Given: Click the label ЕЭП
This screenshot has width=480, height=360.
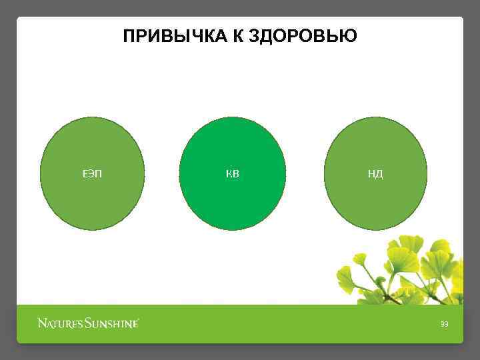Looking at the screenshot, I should [92, 175].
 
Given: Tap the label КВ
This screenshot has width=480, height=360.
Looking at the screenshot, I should [233, 175].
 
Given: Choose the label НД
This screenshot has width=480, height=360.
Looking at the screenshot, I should [375, 175].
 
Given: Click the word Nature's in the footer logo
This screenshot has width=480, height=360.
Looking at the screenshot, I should [60, 325].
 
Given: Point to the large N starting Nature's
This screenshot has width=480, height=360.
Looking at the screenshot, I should [42, 325].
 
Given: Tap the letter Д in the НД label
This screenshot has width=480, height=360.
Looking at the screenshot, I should [379, 175].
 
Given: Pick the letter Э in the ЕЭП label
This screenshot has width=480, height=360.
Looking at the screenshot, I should [92, 175].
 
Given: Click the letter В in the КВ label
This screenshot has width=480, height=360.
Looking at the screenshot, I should [236, 175].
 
